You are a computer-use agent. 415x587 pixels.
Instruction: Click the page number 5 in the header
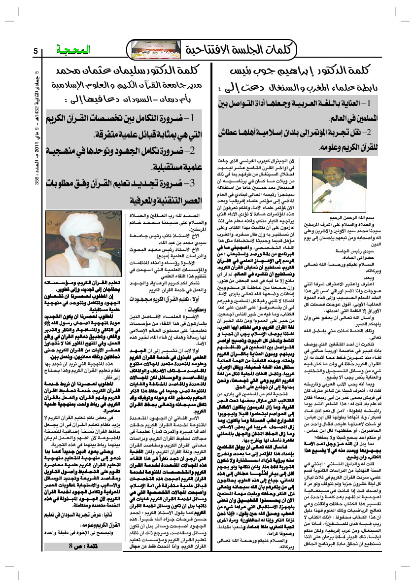[35, 51]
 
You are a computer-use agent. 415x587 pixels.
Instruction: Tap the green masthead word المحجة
[66, 50]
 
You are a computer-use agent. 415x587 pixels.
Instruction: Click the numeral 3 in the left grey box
[193, 183]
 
